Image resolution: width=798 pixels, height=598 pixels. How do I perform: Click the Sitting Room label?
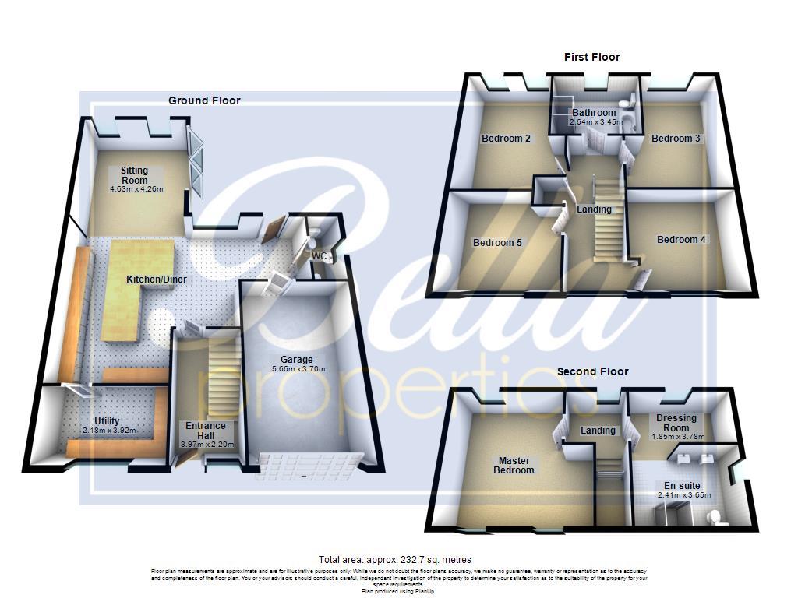pyautogui.click(x=134, y=175)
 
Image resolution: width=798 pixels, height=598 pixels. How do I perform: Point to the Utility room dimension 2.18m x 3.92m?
pyautogui.click(x=109, y=431)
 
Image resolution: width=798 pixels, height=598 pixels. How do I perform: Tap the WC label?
pyautogui.click(x=319, y=255)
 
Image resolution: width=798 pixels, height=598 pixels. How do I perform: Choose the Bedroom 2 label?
pyautogui.click(x=506, y=139)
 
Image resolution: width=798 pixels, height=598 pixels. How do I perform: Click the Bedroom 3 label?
pyautogui.click(x=676, y=139)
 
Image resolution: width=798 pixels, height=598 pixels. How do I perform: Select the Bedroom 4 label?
pyautogui.click(x=681, y=240)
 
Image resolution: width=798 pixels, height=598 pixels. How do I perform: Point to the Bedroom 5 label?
pyautogui.click(x=497, y=242)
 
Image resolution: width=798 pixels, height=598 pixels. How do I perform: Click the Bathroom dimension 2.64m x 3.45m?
pyautogui.click(x=596, y=122)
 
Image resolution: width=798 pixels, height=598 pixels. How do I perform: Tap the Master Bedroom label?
pyautogui.click(x=515, y=465)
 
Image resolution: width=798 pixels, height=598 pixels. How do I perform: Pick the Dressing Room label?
pyautogui.click(x=676, y=423)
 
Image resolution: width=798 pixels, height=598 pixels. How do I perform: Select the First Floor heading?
pyautogui.click(x=591, y=57)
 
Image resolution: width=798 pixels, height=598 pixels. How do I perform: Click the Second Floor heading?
pyautogui.click(x=592, y=371)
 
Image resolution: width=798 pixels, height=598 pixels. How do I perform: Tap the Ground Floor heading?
pyautogui.click(x=204, y=100)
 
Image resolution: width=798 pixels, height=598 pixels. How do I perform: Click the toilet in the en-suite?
pyautogui.click(x=712, y=517)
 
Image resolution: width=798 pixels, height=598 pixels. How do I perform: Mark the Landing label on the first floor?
pyautogui.click(x=594, y=209)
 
